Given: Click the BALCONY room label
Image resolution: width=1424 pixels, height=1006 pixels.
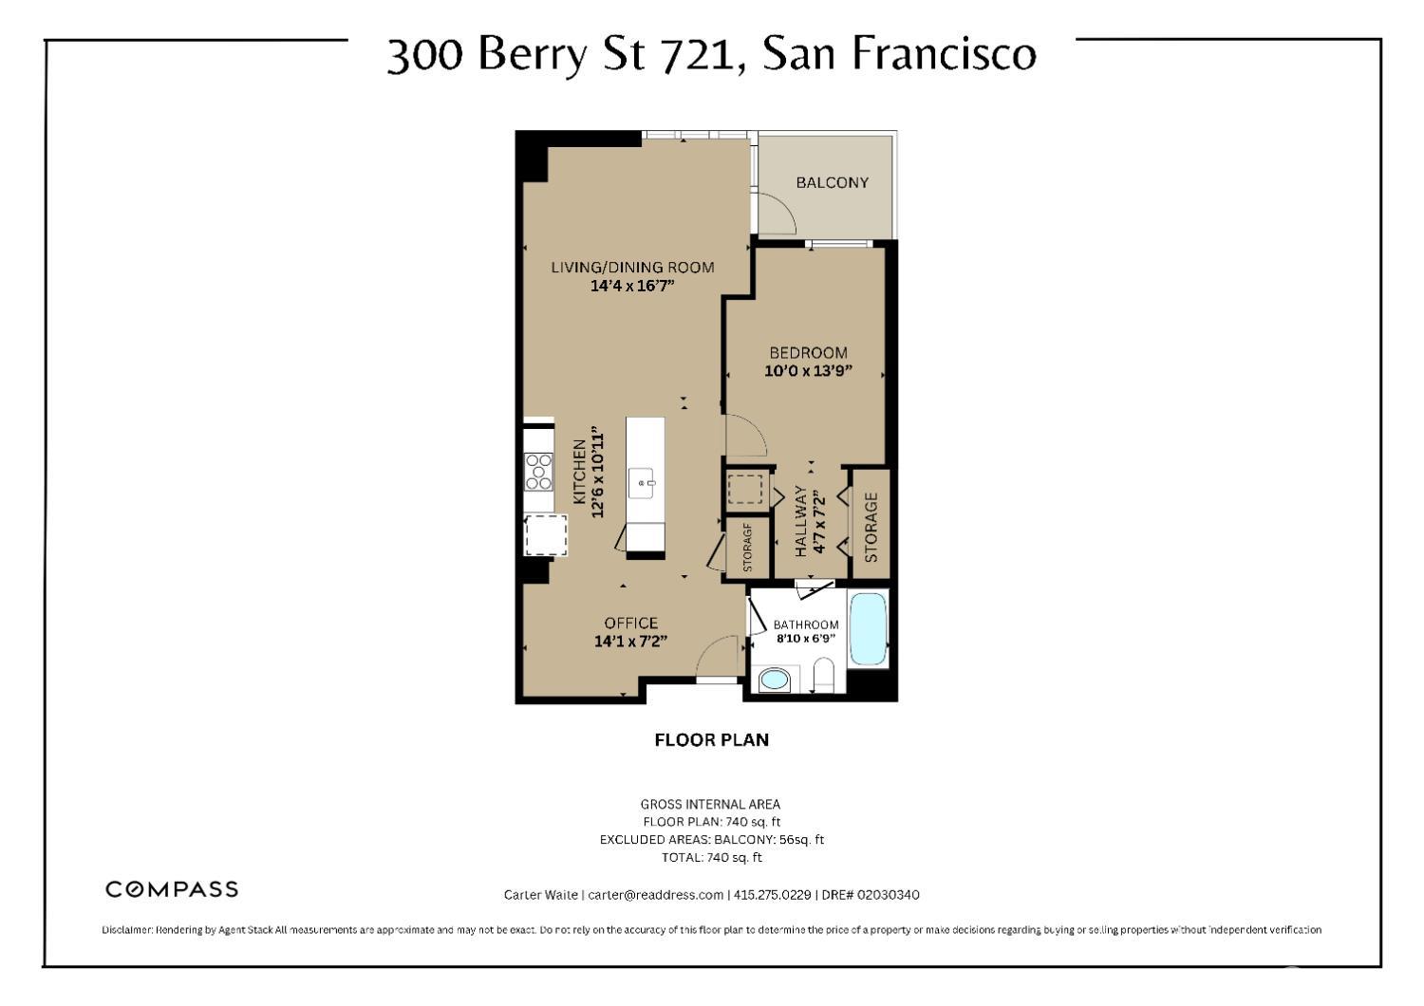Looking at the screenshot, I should click(832, 182).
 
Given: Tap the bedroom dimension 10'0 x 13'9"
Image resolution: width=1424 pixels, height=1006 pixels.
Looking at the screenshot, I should click(808, 371).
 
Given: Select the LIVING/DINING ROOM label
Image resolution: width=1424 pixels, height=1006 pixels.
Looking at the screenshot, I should click(632, 267).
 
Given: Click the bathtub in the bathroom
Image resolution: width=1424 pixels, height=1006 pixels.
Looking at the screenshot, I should click(868, 628).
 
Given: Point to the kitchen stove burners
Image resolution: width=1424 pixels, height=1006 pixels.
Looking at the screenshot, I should click(539, 471).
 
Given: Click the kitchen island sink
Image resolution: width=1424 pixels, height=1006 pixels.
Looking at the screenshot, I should click(644, 483).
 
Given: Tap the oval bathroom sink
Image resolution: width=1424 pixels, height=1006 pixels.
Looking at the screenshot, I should click(775, 680).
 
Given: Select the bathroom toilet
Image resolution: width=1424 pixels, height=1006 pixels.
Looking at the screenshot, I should click(823, 679).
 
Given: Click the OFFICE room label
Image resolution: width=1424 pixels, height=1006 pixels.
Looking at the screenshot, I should click(631, 623).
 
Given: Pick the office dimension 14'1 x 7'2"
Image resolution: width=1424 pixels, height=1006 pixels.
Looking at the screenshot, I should click(631, 642).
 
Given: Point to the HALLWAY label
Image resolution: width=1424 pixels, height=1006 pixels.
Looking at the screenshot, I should click(800, 522).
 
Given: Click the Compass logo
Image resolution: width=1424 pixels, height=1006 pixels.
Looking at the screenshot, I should click(172, 889).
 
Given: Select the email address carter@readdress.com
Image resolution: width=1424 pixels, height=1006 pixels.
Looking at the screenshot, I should click(655, 895).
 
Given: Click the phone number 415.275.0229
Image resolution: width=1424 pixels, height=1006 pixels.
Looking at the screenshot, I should click(772, 895).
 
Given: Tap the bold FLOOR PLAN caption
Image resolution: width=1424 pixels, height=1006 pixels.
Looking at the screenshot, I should click(711, 739).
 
